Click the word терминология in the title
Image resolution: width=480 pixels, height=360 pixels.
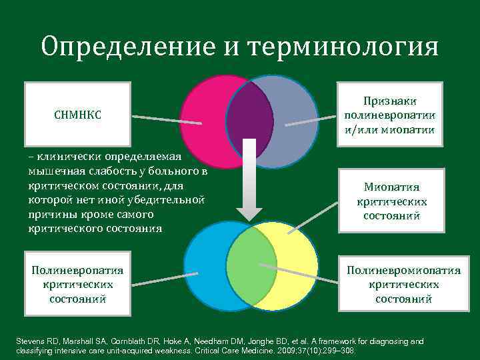(343, 47)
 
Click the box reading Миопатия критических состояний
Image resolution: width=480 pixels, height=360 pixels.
(391, 201)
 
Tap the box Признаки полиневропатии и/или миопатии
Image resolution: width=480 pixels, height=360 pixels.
(390, 115)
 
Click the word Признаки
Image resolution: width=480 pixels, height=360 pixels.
(390, 101)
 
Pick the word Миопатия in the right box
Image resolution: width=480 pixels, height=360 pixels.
(392, 187)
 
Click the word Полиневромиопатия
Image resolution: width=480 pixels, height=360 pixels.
(403, 271)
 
